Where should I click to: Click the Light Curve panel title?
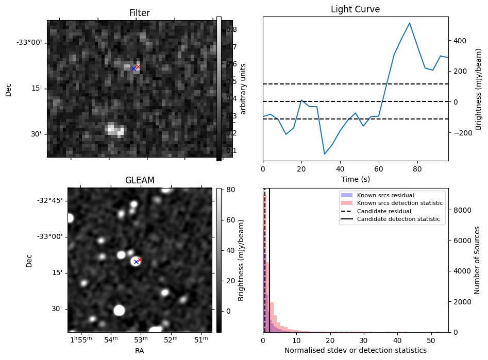click(x=355, y=10)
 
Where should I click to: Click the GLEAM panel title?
click(x=140, y=180)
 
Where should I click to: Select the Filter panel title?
click(x=139, y=13)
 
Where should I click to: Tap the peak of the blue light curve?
click(x=410, y=23)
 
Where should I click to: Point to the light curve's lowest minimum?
click(x=325, y=154)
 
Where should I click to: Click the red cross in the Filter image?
click(x=138, y=66)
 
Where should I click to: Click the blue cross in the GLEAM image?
click(x=136, y=262)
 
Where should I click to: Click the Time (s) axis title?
click(x=355, y=179)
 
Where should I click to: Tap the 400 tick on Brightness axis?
click(x=460, y=41)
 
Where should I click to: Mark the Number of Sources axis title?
click(x=478, y=260)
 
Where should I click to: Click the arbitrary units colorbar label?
click(x=244, y=89)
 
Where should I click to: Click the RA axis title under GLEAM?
click(x=140, y=351)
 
